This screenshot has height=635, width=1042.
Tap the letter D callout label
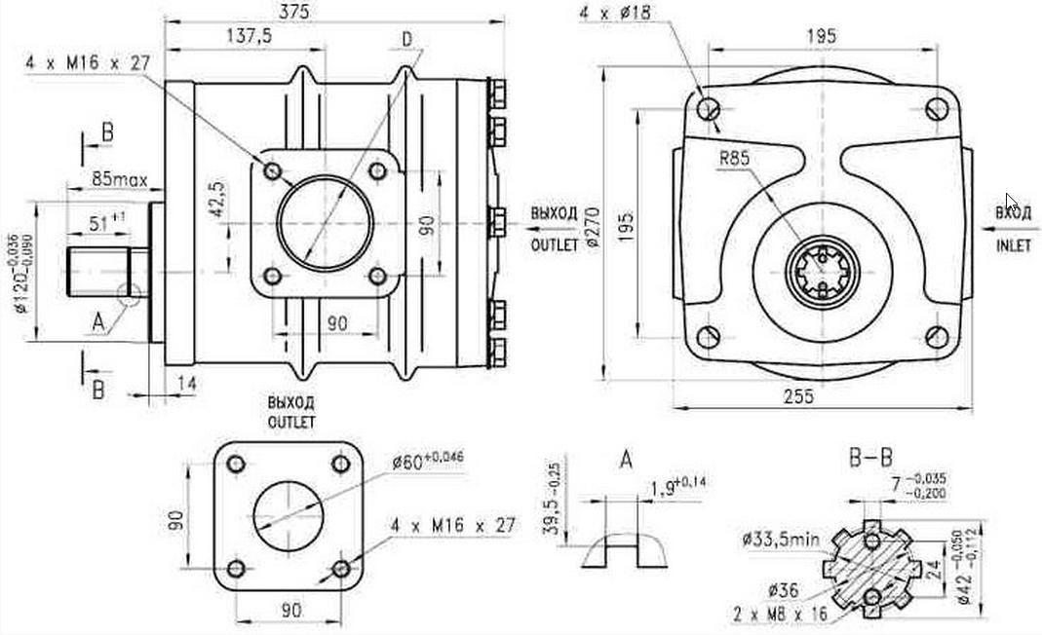tap(406, 38)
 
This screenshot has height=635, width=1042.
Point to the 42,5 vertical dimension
tap(217, 197)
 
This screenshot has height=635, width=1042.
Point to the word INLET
tap(1013, 246)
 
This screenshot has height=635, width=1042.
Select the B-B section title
tap(871, 458)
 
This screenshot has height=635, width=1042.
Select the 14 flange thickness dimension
tap(187, 384)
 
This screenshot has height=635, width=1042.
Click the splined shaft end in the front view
tap(827, 272)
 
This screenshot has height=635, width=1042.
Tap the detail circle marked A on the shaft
tap(127, 291)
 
